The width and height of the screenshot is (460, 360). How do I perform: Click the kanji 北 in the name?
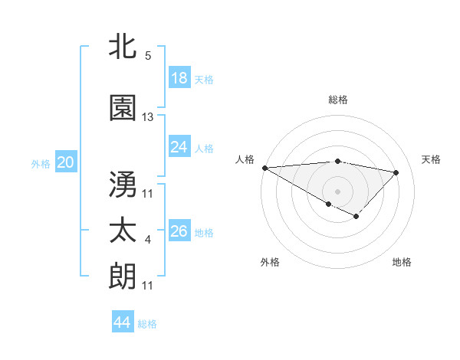(x=123, y=46)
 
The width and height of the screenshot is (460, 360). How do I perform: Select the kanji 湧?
(x=123, y=184)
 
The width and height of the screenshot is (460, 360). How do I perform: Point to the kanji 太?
(x=123, y=231)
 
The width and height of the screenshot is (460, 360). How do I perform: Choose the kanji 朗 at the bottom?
(x=123, y=276)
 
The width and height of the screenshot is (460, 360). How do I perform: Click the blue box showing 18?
(x=179, y=78)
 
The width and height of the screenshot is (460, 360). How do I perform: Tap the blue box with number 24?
(x=179, y=147)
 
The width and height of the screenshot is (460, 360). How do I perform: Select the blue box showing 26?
(x=179, y=231)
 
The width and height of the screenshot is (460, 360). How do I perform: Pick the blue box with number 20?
(x=66, y=162)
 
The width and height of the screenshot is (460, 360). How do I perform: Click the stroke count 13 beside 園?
(x=148, y=117)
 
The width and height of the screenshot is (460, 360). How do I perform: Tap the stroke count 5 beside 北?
(x=148, y=56)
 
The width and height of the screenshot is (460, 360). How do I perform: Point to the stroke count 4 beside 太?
(x=148, y=241)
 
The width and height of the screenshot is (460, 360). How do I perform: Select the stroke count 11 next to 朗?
(x=148, y=286)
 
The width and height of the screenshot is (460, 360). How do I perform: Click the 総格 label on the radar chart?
(x=338, y=100)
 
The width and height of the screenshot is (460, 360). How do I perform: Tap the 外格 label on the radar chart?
(x=270, y=262)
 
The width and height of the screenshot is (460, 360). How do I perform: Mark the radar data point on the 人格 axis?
(x=264, y=168)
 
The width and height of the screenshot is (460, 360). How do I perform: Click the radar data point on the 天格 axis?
(x=396, y=172)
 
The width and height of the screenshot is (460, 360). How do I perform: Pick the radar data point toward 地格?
(x=356, y=217)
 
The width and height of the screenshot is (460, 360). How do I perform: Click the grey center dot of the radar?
(x=337, y=190)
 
